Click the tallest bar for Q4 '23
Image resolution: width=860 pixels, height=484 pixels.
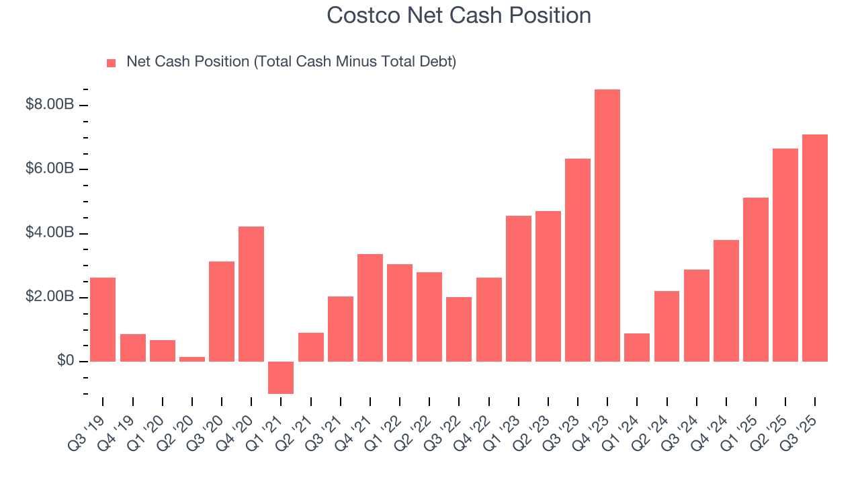click(607, 225)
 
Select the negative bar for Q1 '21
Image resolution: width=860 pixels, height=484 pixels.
click(281, 378)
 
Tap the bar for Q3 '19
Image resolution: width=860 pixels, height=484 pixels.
click(103, 319)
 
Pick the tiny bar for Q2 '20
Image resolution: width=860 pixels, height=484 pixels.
click(192, 359)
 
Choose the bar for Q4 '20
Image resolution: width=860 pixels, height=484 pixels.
click(251, 294)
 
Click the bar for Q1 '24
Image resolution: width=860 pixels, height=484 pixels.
click(637, 348)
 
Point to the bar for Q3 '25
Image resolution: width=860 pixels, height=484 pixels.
click(815, 248)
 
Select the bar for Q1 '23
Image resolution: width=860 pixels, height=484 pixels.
click(519, 288)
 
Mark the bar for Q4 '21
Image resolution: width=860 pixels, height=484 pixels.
click(370, 308)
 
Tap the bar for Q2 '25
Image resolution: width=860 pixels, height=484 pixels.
click(785, 255)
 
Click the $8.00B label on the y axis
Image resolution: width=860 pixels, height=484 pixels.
click(49, 106)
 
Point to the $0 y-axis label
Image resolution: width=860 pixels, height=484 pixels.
click(64, 362)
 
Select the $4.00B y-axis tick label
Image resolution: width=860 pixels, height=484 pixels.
click(49, 233)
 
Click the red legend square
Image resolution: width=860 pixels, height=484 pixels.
click(112, 63)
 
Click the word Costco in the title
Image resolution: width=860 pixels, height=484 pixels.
click(361, 15)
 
